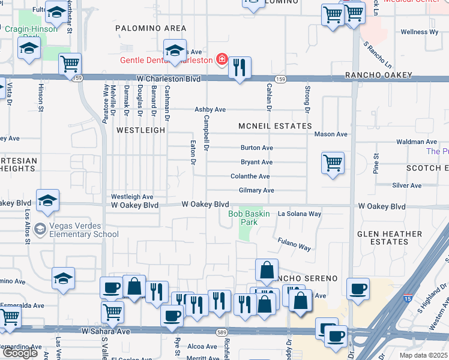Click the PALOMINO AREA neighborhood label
151,28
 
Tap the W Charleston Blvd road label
168,79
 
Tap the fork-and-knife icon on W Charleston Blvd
240,68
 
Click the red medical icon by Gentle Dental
221,59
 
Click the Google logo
20,353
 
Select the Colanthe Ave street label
250,176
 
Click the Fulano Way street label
294,244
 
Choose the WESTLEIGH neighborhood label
140,130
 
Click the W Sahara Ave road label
106,331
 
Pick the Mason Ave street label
331,134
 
